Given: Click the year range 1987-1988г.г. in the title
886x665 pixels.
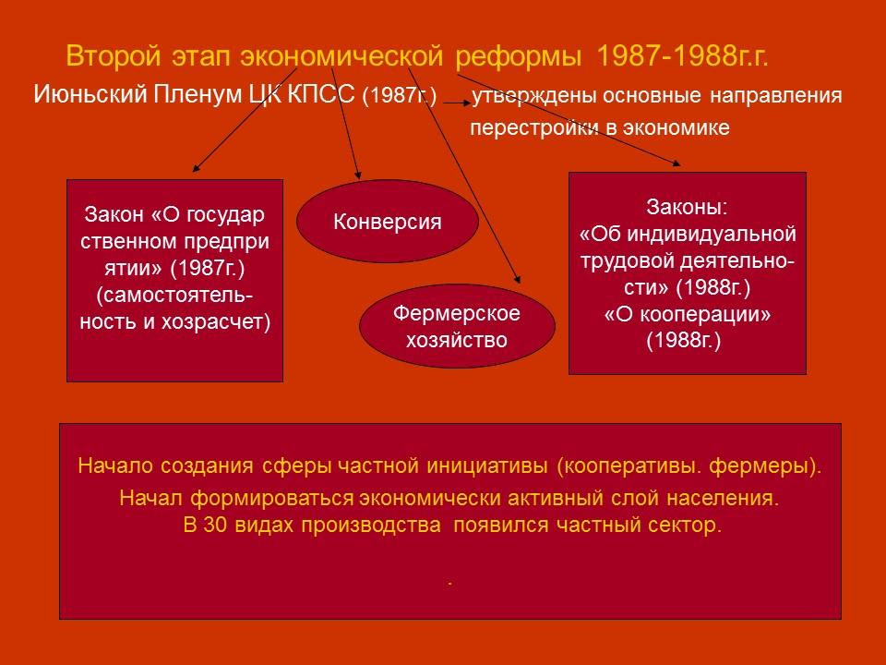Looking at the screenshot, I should pos(683,57).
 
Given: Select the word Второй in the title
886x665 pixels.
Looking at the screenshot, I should pos(108,57).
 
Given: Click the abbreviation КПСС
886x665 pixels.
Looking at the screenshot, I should pos(322,95).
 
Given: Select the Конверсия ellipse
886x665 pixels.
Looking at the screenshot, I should pos(387,222).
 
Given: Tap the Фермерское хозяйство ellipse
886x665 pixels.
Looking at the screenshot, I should pos(457,326).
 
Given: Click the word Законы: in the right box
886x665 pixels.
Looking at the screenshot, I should pos(688,206).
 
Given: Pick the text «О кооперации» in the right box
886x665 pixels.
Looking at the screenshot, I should pos(688,314).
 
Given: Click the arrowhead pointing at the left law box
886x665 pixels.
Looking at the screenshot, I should pos(196,170).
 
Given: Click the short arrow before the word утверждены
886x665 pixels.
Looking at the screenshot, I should pos(454,104).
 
